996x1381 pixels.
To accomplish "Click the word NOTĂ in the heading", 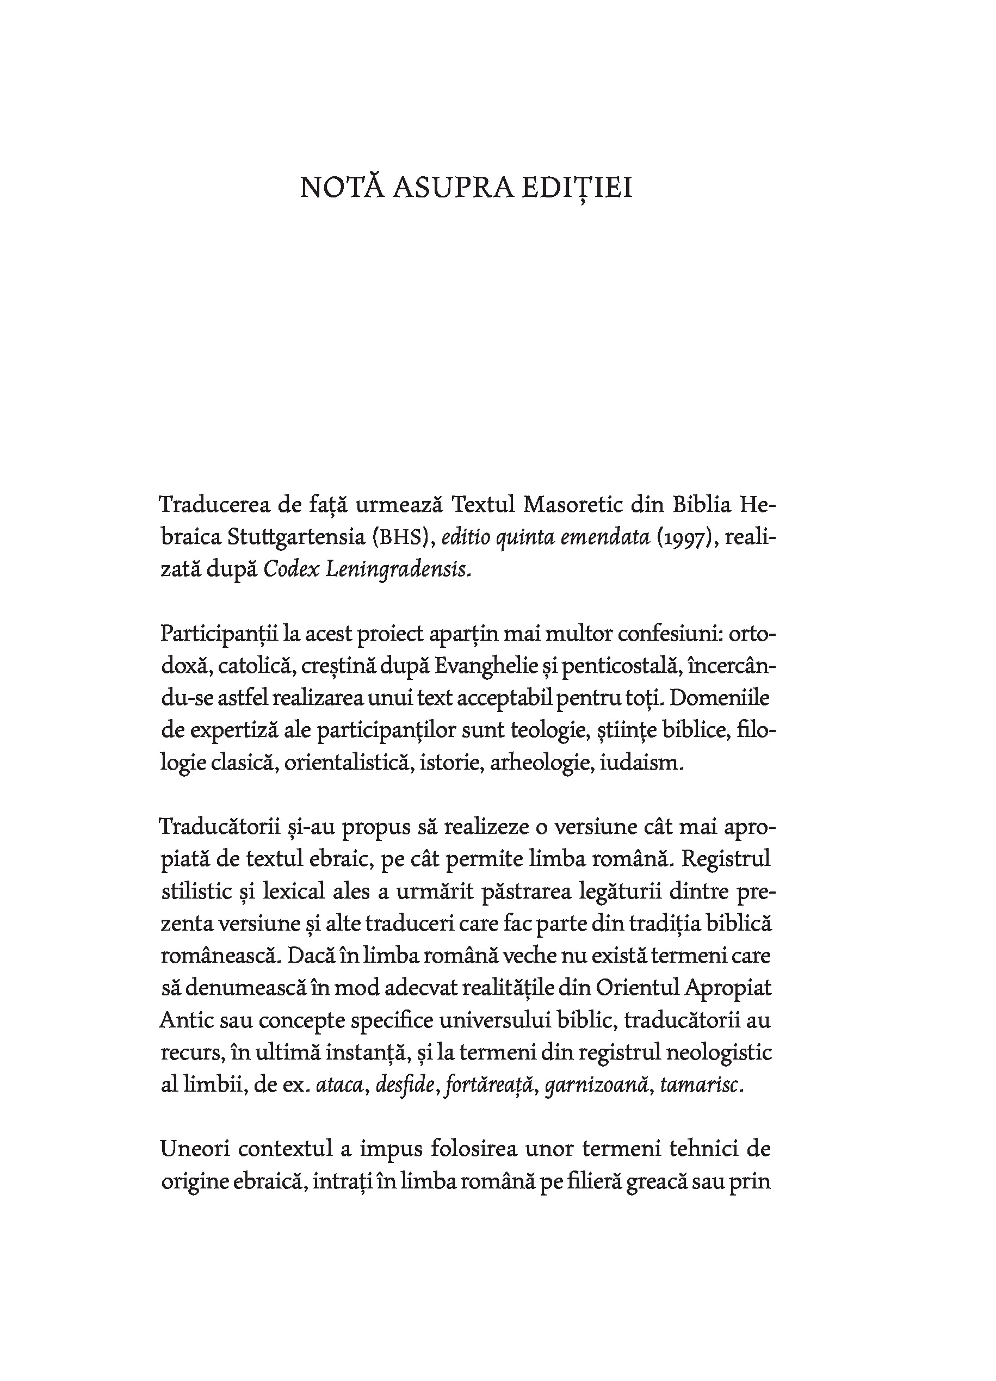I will [x=342, y=188].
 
